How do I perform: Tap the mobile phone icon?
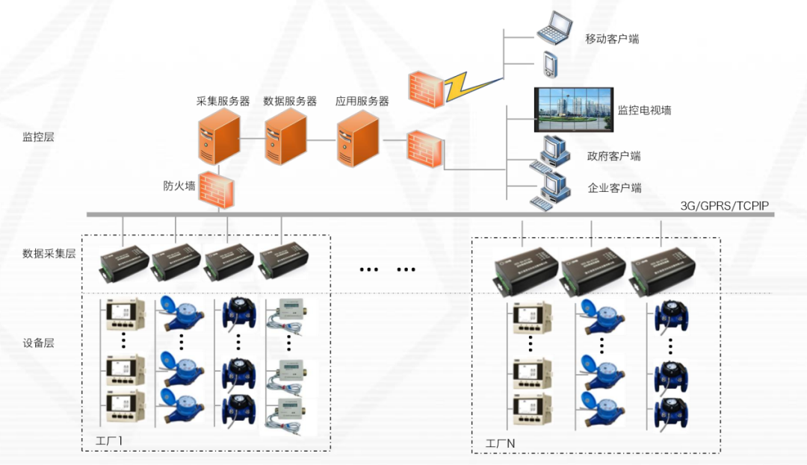(550, 64)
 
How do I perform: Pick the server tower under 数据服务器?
(285, 135)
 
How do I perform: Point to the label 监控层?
(38, 137)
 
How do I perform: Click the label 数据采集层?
(49, 254)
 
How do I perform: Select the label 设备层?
(38, 343)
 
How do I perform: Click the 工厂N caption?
(500, 443)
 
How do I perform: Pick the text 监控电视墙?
(644, 110)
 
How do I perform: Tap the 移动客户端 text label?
(612, 39)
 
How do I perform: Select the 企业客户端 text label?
(614, 188)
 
